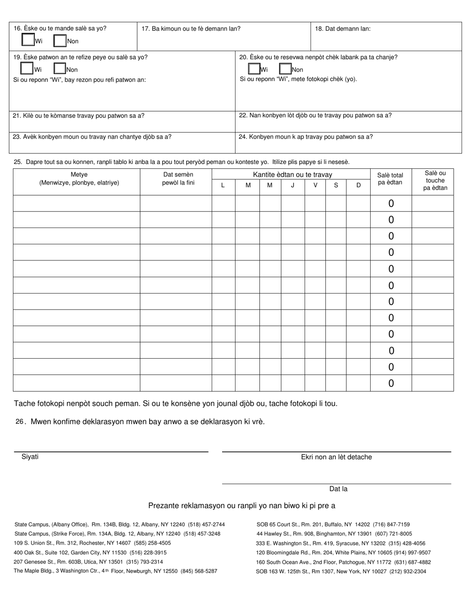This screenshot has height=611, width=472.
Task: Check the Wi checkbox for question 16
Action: pos(28,40)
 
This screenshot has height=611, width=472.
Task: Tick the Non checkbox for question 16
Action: pos(60,40)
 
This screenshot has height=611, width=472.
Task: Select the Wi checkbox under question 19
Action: pos(27,69)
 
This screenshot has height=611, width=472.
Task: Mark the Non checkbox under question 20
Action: pos(286,69)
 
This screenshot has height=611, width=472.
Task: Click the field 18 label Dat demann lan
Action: pos(342,29)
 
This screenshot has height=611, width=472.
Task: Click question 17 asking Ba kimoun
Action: pos(191,29)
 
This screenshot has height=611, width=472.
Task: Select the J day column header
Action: pos(293,185)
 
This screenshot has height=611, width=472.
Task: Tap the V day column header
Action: pos(315,185)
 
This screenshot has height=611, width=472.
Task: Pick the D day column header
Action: pos(358,185)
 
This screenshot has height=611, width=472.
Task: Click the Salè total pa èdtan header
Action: pos(391,178)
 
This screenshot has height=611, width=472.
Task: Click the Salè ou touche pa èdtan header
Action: pos(435,180)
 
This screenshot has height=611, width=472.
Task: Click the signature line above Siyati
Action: pos(110,451)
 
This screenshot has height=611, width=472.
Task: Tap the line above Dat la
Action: pos(336,483)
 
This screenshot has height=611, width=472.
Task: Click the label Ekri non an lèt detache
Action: pos(336,457)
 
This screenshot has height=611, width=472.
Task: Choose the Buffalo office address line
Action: pos(333,524)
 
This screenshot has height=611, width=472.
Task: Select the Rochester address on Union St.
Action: pos(92,543)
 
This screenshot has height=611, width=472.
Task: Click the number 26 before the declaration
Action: pos(20,422)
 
